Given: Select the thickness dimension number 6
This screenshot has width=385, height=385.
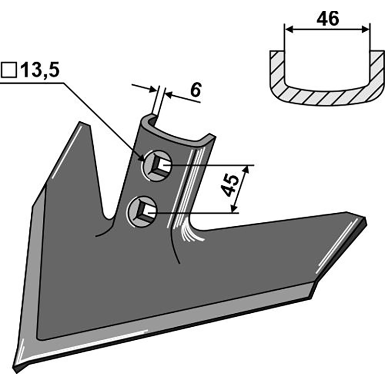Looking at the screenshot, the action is point(196,90).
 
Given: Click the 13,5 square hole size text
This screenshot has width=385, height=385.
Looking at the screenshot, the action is point(40,70).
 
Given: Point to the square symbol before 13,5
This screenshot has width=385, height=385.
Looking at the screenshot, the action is point(9,70).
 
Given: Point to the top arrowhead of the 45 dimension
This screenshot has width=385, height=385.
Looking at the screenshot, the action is point(246,169).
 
